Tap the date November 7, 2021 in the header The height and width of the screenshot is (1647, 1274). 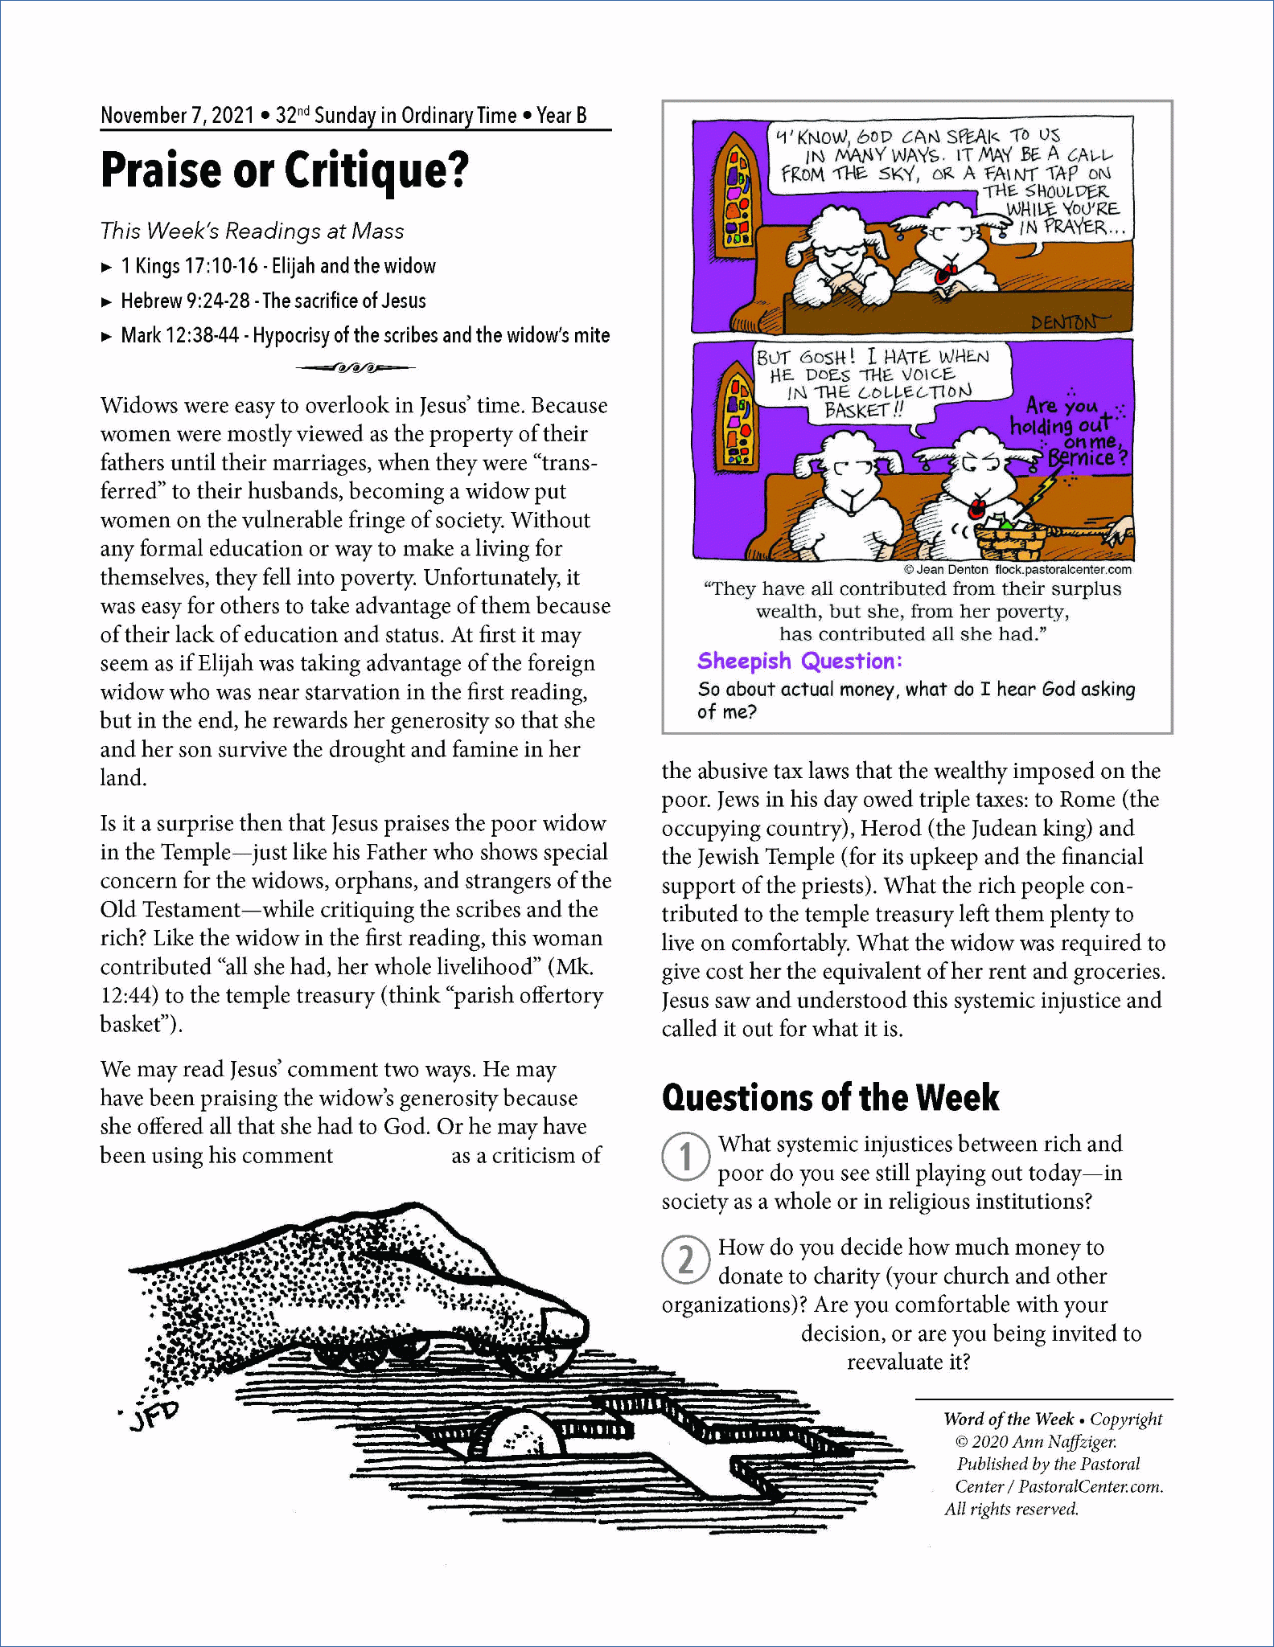pos(177,116)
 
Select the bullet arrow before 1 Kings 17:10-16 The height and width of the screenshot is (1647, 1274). pos(107,267)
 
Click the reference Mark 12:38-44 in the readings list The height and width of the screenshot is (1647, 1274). pos(179,335)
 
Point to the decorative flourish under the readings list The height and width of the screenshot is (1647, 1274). pos(355,368)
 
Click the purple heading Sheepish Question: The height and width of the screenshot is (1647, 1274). pos(799,661)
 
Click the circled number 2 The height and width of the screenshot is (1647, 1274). pos(685,1260)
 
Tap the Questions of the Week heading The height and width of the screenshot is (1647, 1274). pos(830,1098)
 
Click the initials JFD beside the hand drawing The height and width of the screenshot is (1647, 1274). pos(154,1416)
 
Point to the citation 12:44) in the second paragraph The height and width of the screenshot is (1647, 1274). pos(129,995)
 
